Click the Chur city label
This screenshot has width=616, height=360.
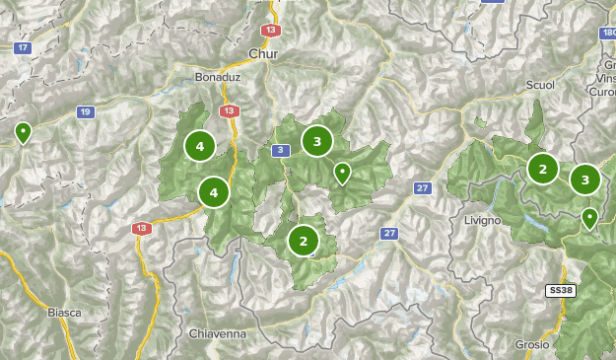tap(264, 53)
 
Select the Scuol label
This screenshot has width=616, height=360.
tap(540, 85)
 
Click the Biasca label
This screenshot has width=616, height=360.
tap(64, 312)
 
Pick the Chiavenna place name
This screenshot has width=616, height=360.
tap(216, 334)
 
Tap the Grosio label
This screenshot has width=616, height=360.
tap(532, 344)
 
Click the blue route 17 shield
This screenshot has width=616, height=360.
tap(23, 47)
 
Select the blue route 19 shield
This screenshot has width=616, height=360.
tap(86, 111)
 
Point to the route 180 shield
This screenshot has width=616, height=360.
tap(607, 33)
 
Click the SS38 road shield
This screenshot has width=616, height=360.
tap(560, 290)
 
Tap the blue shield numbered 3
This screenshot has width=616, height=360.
tap(281, 150)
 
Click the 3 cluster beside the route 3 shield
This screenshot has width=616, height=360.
tap(316, 141)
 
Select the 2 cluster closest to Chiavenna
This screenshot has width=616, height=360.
tap(303, 239)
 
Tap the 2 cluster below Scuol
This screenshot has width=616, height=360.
tap(542, 169)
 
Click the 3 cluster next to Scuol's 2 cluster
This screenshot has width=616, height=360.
tap(585, 180)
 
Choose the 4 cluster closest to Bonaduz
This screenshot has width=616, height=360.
tap(200, 147)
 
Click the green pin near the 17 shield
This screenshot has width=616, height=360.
tap(23, 132)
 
